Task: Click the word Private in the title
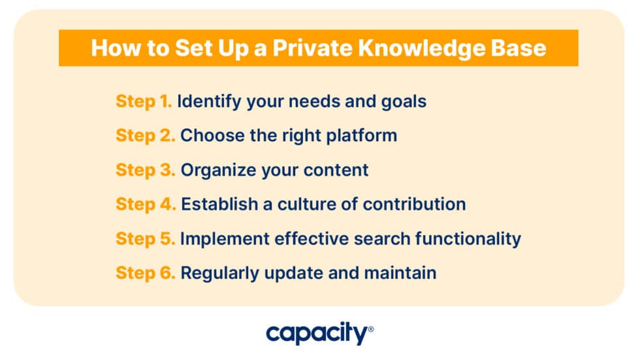(313, 48)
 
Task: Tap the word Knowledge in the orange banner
(422, 48)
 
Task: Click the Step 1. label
(144, 102)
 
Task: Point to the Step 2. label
(145, 136)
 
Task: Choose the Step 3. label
(145, 171)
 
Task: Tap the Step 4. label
(146, 205)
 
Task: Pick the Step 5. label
(145, 238)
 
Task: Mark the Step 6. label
(145, 273)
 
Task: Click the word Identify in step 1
(210, 102)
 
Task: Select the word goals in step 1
(404, 102)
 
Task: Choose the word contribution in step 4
(414, 205)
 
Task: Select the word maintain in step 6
(400, 273)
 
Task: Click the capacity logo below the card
(319, 333)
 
